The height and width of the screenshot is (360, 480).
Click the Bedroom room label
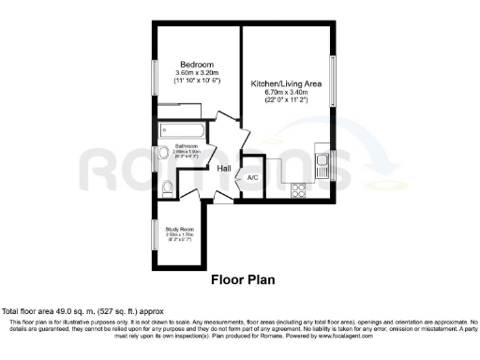click(194, 64)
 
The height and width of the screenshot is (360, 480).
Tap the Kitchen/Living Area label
click(287, 83)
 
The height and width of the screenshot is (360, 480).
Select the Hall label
click(225, 169)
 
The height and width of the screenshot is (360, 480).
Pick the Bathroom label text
click(185, 146)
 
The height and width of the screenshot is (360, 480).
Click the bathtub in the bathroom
click(184, 130)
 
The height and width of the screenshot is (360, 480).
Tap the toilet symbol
click(167, 188)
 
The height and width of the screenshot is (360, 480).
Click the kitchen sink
click(322, 167)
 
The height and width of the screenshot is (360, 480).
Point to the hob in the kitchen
click(300, 189)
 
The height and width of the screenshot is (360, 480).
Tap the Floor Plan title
click(241, 279)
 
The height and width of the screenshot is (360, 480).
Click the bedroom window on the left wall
click(156, 74)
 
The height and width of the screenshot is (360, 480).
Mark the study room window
click(156, 233)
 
